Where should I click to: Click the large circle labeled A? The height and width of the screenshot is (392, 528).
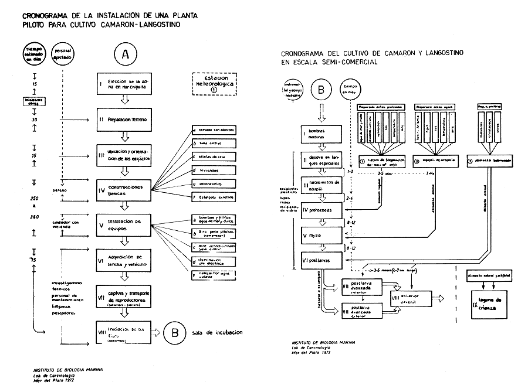click(x=124, y=54)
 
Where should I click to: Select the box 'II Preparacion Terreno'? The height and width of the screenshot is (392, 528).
click(x=123, y=120)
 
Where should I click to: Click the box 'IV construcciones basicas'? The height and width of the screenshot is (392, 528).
click(x=123, y=190)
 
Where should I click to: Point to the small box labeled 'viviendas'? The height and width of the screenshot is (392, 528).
click(x=214, y=171)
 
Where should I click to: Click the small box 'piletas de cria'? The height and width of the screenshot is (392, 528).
click(x=214, y=156)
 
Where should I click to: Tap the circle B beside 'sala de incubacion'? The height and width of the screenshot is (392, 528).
click(x=175, y=332)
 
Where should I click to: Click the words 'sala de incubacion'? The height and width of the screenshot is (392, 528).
click(x=216, y=333)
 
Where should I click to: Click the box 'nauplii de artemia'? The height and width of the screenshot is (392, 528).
click(x=431, y=160)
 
